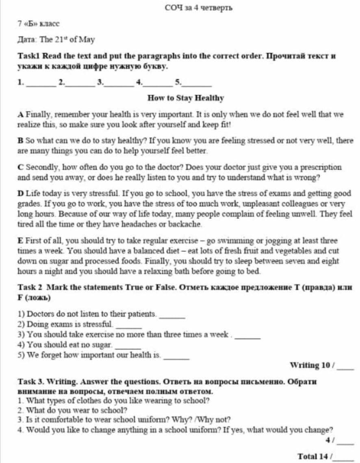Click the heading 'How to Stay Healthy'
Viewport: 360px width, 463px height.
click(x=186, y=98)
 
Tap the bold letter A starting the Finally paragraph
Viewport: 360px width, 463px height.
click(x=20, y=115)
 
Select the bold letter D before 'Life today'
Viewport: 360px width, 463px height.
click(x=20, y=194)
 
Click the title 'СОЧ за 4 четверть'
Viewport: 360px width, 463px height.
click(x=199, y=7)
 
